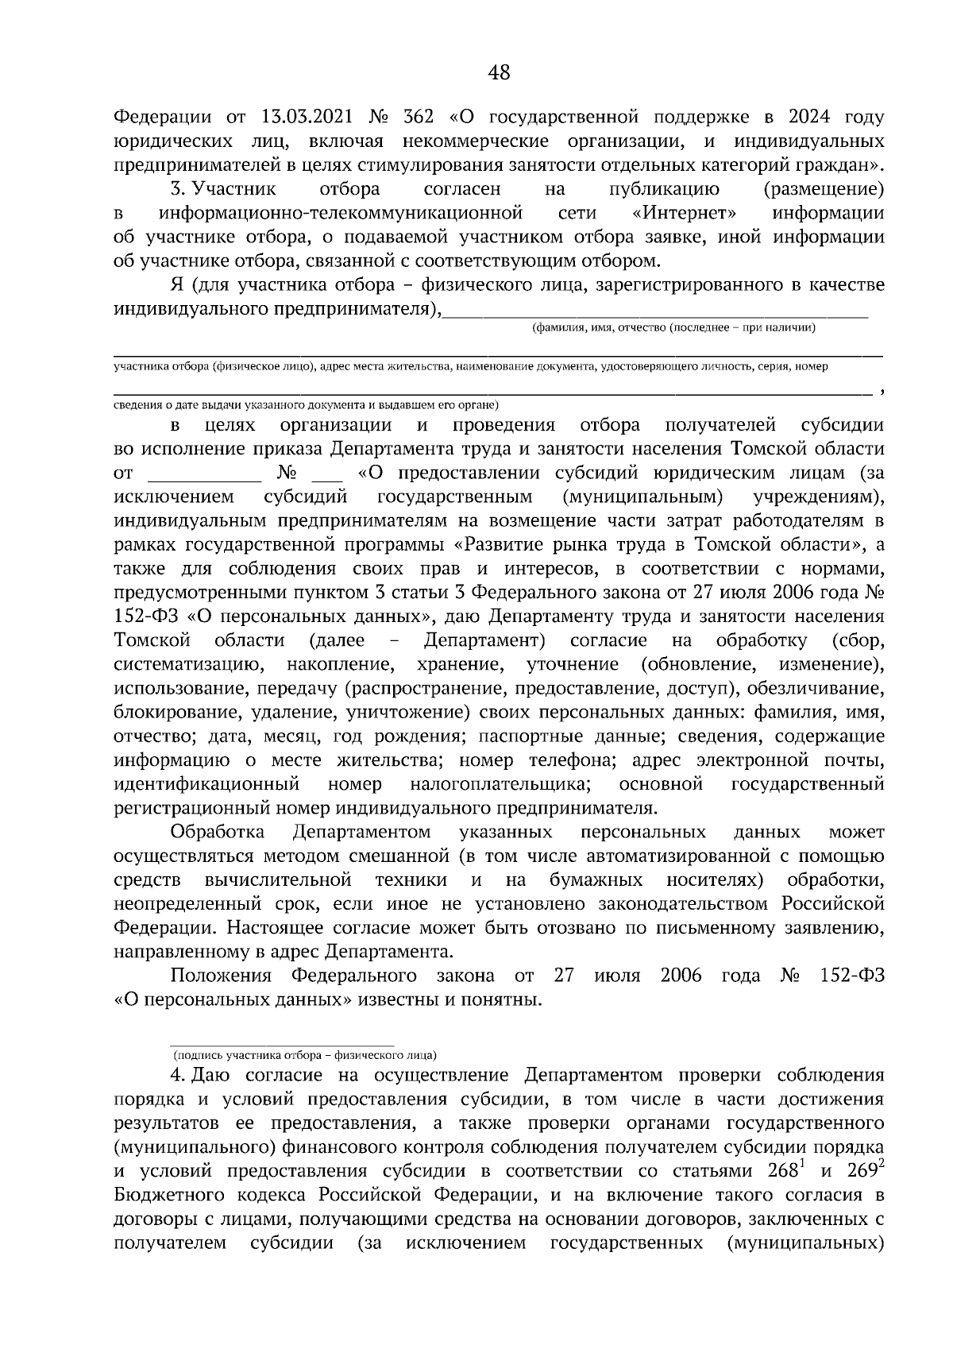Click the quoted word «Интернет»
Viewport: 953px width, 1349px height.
click(685, 214)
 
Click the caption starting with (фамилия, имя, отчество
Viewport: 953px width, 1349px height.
click(674, 327)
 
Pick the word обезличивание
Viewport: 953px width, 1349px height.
click(817, 688)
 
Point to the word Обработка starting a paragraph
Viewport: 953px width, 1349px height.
click(218, 833)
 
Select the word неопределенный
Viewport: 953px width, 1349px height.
click(187, 904)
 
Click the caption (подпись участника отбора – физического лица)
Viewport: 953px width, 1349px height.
click(305, 1056)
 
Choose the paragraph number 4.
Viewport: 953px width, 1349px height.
click(176, 1076)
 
